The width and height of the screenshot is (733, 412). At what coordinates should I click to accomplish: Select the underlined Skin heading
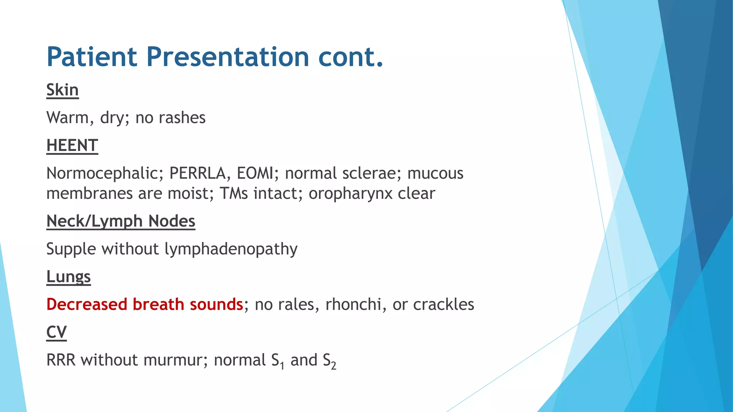62,90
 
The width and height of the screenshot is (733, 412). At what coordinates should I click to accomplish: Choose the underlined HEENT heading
72,146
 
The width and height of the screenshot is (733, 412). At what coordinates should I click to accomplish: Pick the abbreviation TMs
233,193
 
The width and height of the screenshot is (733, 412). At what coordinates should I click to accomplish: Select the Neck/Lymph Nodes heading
121,221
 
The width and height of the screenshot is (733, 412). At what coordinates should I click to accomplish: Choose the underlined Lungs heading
68,277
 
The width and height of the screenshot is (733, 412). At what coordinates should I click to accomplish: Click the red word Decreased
87,304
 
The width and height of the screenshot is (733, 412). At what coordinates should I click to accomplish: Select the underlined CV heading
56,332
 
